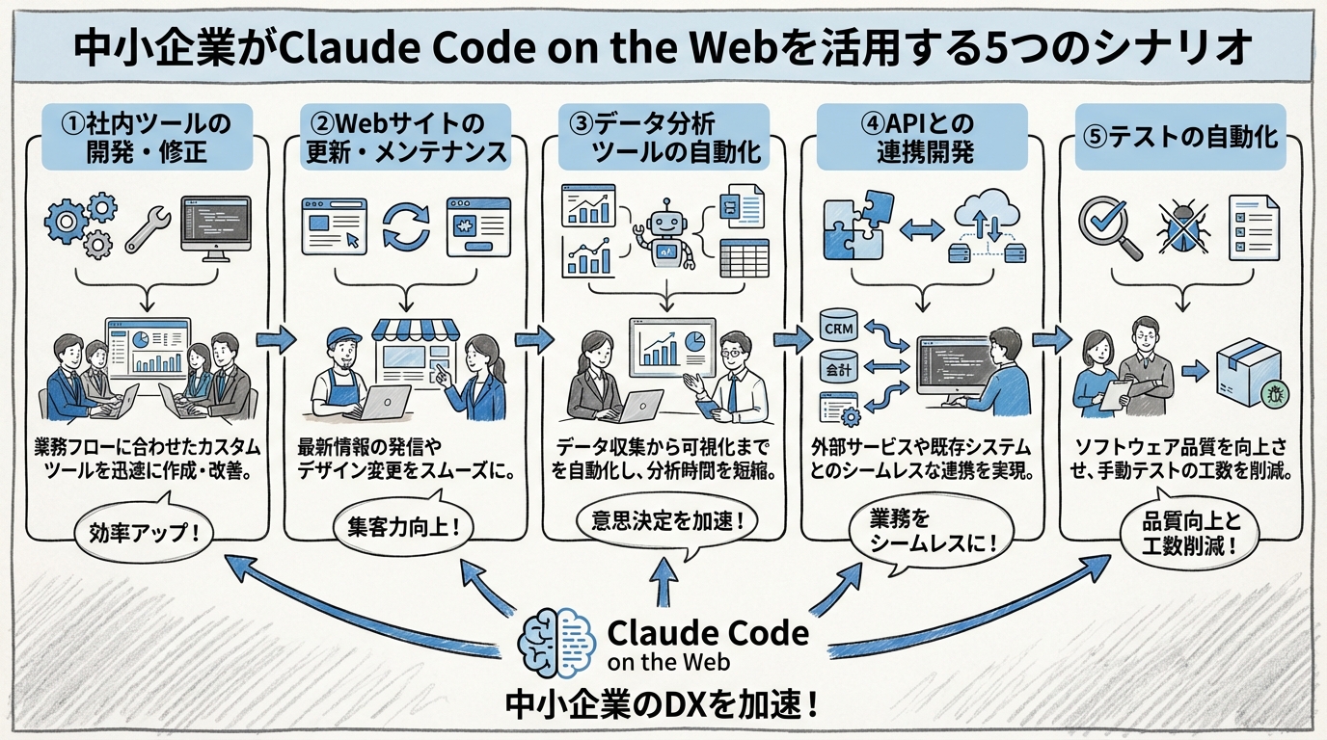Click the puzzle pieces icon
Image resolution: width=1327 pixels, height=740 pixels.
tap(852, 224)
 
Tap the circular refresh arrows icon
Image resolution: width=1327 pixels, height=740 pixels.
tap(406, 225)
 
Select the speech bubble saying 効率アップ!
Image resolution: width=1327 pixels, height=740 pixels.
tap(143, 530)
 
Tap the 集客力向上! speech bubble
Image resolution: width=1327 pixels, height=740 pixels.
tap(403, 528)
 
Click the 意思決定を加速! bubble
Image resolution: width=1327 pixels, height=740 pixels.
tap(664, 522)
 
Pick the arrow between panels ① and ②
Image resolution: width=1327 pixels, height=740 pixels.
tap(276, 339)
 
